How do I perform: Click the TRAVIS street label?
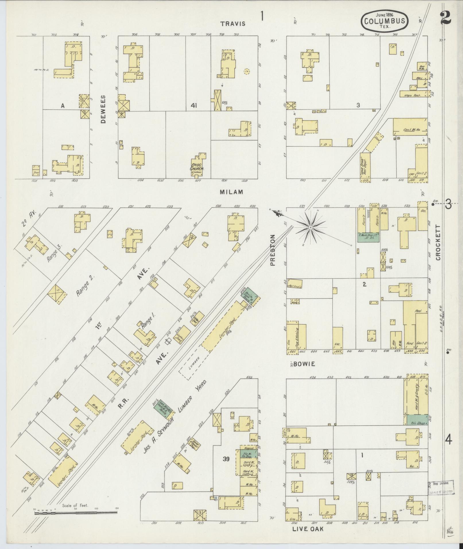click(x=233, y=24)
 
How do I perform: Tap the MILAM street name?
click(x=231, y=192)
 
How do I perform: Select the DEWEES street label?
click(x=103, y=109)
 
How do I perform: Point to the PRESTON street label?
click(x=272, y=250)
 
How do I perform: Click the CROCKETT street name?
click(x=437, y=243)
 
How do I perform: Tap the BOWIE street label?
click(x=304, y=364)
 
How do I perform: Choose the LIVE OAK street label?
click(x=308, y=529)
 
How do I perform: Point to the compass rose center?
click(x=310, y=228)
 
